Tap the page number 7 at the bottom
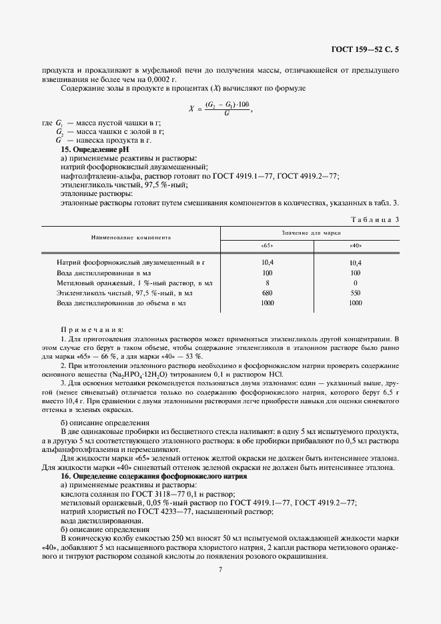[219, 569]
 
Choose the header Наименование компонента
[131, 237]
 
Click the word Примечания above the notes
[92, 329]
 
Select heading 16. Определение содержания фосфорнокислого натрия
[153, 477]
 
